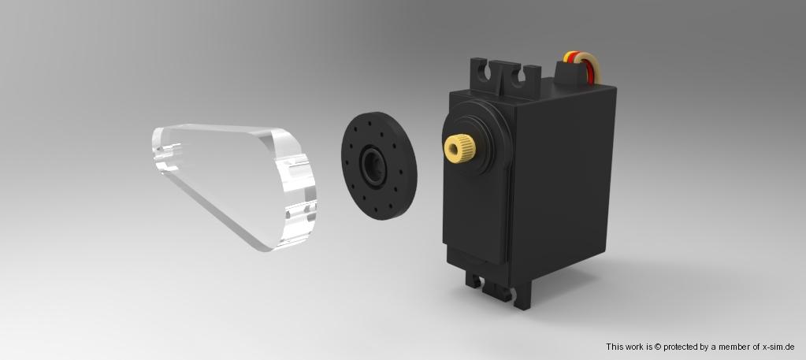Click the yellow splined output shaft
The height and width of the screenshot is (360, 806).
tap(459, 147)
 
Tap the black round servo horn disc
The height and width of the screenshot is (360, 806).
tap(379, 165)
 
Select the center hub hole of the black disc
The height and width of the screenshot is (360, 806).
tap(373, 165)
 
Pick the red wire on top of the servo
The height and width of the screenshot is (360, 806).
tap(587, 66)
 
